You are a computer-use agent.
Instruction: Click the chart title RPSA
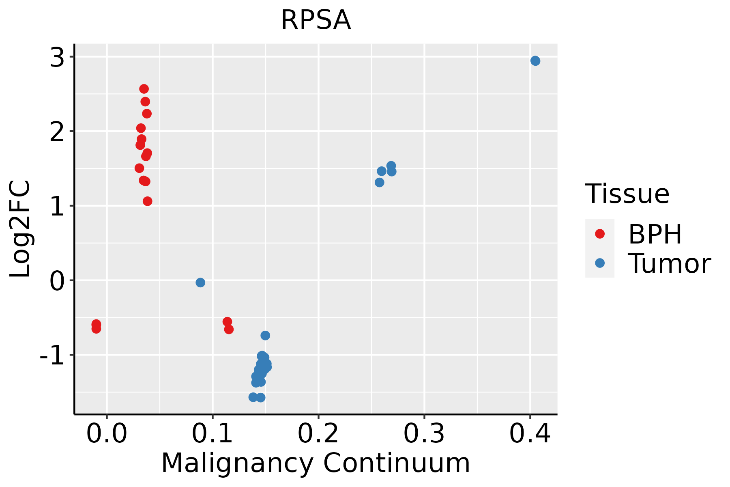(x=316, y=20)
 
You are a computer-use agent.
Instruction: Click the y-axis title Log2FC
(x=20, y=229)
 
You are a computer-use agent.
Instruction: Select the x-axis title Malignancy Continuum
(x=316, y=463)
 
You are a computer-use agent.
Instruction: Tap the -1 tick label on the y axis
(x=52, y=355)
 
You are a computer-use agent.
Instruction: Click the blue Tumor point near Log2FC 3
(x=535, y=61)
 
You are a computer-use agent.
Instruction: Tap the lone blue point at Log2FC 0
(x=200, y=282)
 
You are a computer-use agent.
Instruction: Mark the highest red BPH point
(x=144, y=89)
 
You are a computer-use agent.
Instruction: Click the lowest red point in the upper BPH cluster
(x=148, y=201)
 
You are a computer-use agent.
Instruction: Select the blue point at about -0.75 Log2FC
(x=265, y=336)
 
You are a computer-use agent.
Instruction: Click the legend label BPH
(x=655, y=234)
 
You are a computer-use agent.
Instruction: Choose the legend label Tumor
(x=670, y=263)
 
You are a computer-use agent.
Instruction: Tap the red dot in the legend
(x=600, y=234)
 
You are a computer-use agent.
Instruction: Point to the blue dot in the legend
(x=600, y=263)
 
